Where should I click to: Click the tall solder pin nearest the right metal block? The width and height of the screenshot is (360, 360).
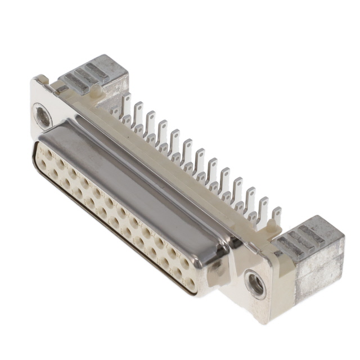[x=276, y=217]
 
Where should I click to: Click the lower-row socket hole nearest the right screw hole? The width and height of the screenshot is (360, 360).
[x=190, y=284]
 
